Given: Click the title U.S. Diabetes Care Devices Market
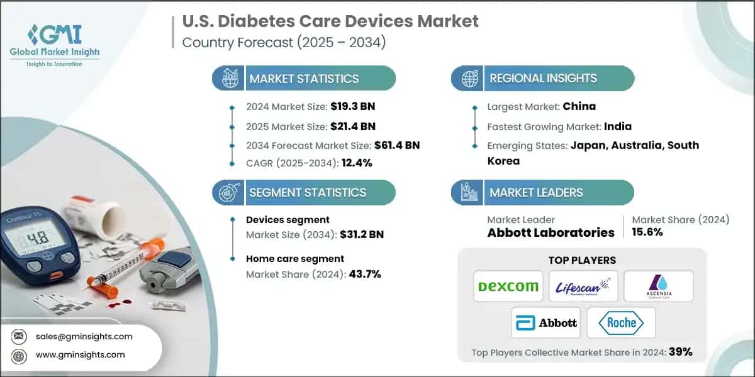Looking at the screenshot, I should (x=330, y=21).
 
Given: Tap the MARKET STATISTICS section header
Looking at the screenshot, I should (x=304, y=79).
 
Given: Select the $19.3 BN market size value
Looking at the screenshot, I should (x=352, y=106).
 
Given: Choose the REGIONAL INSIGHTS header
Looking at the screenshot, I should (x=543, y=79).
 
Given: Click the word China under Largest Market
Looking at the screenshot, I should (x=579, y=106).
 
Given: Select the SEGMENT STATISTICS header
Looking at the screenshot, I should (x=307, y=192).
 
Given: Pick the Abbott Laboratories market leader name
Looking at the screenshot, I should (x=551, y=232).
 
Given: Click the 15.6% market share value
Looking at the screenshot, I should (x=647, y=232).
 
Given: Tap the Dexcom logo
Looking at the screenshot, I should (x=508, y=287).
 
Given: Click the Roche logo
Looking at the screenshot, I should (x=621, y=323).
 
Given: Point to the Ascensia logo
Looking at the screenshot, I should (x=658, y=287).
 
